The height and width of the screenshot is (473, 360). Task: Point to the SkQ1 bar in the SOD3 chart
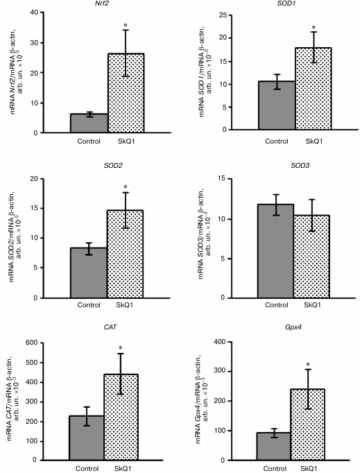[x=310, y=256]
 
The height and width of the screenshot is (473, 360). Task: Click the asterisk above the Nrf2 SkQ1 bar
[x=126, y=26]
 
